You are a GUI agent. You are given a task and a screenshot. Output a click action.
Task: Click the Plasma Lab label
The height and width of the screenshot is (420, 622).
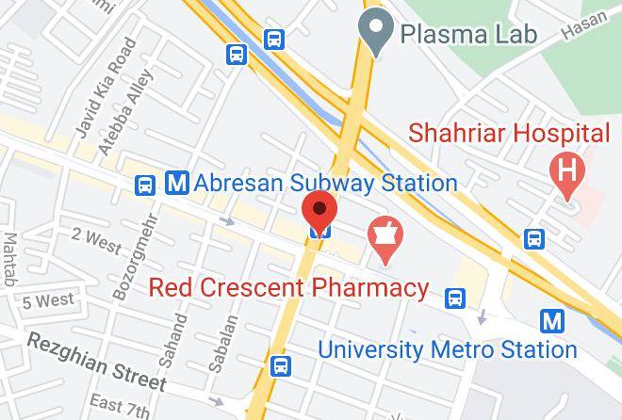[x=468, y=34]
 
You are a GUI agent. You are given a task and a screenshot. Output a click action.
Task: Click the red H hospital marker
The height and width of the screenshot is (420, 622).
[x=568, y=172]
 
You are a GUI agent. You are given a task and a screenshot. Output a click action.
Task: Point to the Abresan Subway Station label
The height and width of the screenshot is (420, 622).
[x=325, y=182]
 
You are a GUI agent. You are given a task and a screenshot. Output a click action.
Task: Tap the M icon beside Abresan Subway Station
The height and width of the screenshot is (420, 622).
[x=176, y=183]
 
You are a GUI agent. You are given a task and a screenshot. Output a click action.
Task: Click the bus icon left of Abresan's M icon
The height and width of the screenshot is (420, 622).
[x=144, y=185]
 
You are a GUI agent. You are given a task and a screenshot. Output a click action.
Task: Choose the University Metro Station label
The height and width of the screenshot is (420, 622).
[x=447, y=349]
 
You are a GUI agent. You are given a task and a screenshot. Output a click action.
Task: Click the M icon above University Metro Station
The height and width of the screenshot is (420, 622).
[x=552, y=321]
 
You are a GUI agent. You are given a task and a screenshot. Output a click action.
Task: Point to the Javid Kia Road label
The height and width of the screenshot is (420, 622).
[x=102, y=87]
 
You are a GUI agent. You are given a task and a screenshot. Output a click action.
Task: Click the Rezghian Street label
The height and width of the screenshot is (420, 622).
[x=95, y=363]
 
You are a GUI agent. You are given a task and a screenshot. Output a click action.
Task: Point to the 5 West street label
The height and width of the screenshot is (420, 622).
[x=47, y=301]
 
